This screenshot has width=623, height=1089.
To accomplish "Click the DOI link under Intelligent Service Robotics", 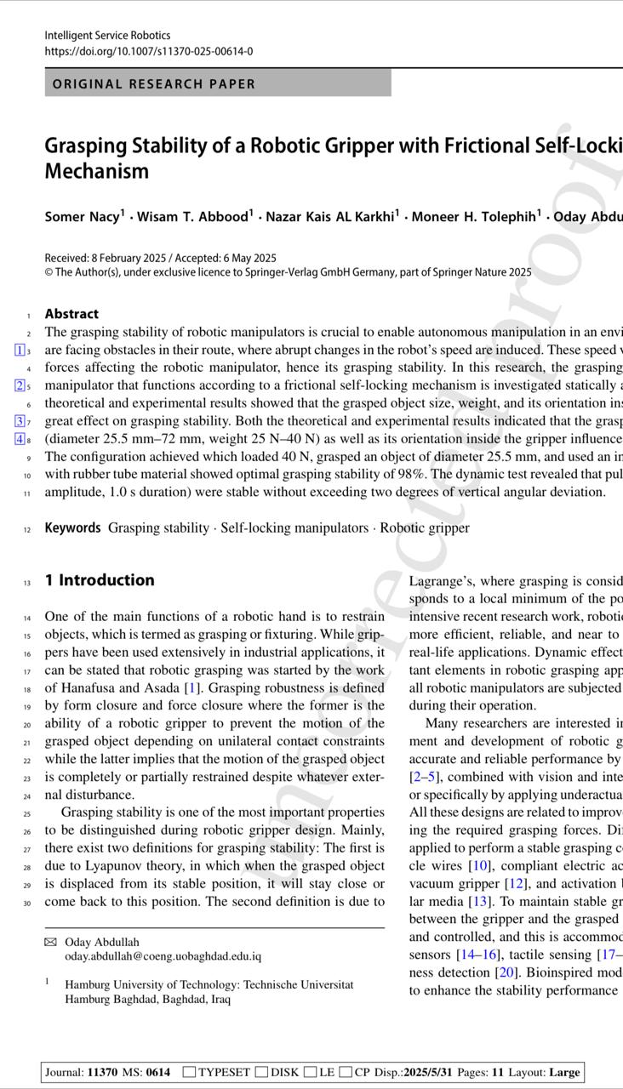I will click(x=148, y=51).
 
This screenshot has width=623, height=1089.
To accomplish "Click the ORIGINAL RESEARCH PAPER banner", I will click(x=154, y=83).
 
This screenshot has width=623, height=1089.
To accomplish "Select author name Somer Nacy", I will click(x=82, y=216).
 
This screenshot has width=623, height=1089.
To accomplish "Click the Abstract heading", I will click(x=71, y=314).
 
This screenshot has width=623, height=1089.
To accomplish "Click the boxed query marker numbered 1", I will click(x=19, y=350).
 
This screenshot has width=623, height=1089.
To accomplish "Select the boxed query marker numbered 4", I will click(x=19, y=439).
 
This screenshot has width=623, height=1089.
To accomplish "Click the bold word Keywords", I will click(x=72, y=527).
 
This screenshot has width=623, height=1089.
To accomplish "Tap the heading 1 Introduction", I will click(x=100, y=580).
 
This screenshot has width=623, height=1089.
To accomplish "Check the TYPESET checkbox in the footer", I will click(x=189, y=1072).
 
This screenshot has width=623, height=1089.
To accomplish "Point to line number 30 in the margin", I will click(x=28, y=902).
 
